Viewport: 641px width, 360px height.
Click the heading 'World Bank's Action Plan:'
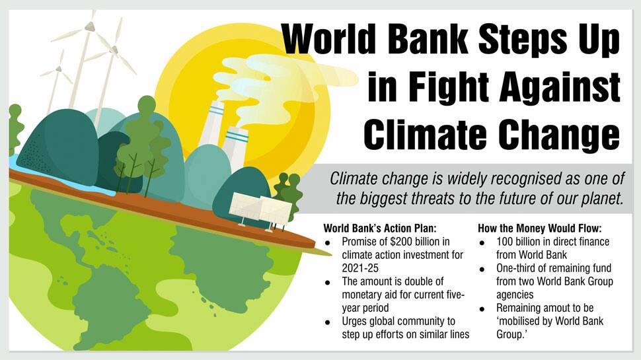click(x=380, y=228)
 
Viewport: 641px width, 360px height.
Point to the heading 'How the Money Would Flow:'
click(x=540, y=228)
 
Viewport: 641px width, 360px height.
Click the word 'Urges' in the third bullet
click(x=354, y=322)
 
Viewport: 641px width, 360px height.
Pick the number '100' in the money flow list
click(x=505, y=242)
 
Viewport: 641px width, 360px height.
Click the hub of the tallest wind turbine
click(x=89, y=27)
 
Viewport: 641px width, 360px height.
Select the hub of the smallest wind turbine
click(x=59, y=69)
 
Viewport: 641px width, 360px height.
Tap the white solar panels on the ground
click(x=260, y=208)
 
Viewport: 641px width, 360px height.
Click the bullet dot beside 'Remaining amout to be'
click(x=482, y=309)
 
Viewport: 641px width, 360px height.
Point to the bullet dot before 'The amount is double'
click(x=328, y=283)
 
